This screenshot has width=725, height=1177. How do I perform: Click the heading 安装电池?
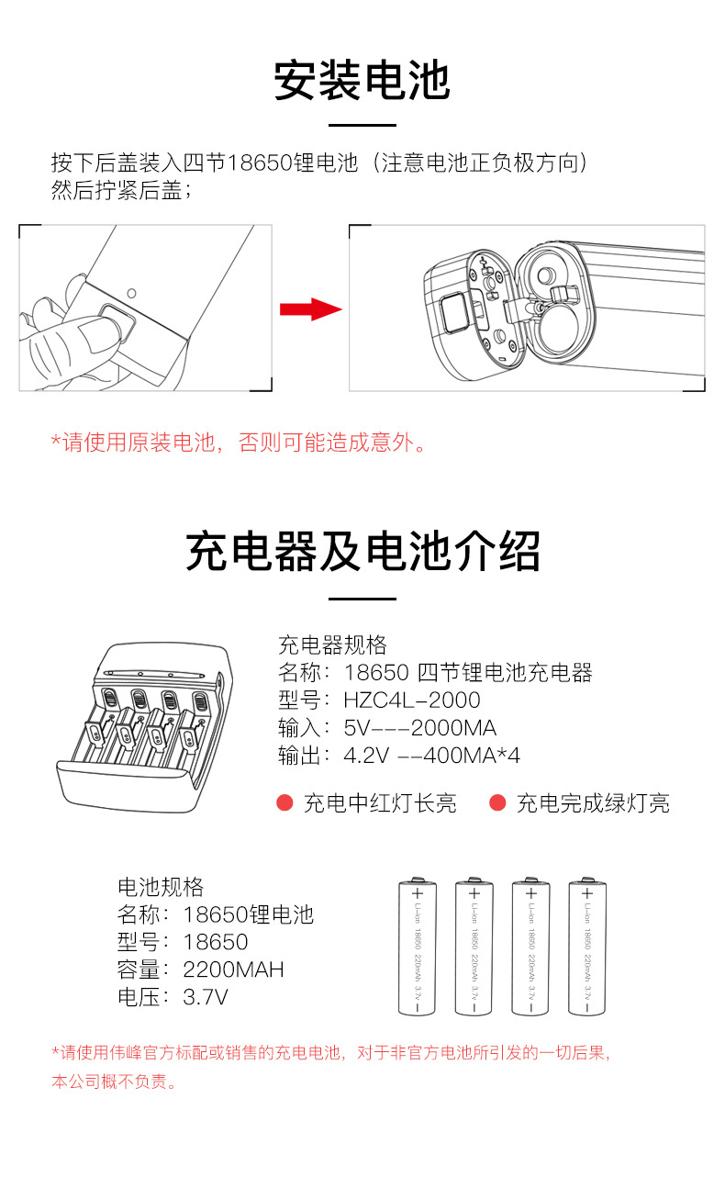(362, 81)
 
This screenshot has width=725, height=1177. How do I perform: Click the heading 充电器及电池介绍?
(362, 551)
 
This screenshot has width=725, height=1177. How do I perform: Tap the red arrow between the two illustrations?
(310, 309)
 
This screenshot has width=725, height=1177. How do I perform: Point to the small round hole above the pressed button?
(132, 293)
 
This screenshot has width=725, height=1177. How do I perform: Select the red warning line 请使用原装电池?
(239, 443)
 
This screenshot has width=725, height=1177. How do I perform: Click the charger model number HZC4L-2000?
(412, 700)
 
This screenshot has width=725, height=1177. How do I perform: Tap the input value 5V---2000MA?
(419, 728)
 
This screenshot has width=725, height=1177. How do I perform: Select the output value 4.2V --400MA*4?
(431, 756)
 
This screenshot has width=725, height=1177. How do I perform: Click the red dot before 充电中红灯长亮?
(284, 803)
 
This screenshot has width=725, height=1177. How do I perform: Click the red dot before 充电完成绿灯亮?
(497, 803)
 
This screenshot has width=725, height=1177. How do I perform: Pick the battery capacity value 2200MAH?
(233, 970)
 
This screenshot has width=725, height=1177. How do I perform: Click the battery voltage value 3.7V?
(206, 997)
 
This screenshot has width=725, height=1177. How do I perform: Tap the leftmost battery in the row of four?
(418, 947)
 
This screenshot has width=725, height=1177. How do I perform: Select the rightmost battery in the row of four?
(586, 947)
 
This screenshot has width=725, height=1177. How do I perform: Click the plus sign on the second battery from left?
(474, 893)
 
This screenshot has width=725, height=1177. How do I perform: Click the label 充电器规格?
(332, 645)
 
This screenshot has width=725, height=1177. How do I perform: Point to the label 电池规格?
(161, 887)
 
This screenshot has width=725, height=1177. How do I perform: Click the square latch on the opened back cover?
(455, 313)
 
